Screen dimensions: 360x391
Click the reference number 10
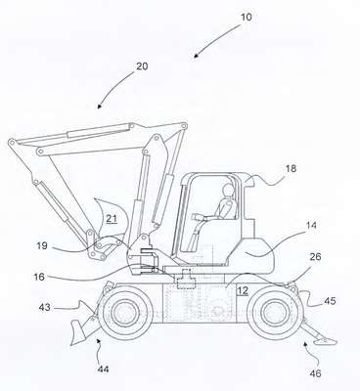point(247,17)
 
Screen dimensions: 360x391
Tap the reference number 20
point(142,66)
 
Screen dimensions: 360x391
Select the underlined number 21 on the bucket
point(112,218)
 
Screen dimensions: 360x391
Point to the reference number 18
point(291,168)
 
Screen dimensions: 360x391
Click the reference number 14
point(311,225)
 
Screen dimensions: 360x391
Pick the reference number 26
point(315,257)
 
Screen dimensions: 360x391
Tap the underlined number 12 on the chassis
point(243,290)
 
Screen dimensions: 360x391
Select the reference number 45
point(330,301)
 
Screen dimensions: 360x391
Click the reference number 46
point(315,373)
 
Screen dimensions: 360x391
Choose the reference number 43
point(45,307)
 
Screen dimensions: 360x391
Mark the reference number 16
point(39,277)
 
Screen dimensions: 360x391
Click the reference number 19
point(42,245)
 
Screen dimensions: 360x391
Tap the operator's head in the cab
point(227,191)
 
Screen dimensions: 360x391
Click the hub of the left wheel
point(125,312)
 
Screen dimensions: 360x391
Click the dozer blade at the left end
point(76,331)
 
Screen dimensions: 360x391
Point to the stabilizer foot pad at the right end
point(325,341)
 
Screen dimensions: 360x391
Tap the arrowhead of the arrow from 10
point(196,56)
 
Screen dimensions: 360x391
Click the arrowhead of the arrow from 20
point(100,106)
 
